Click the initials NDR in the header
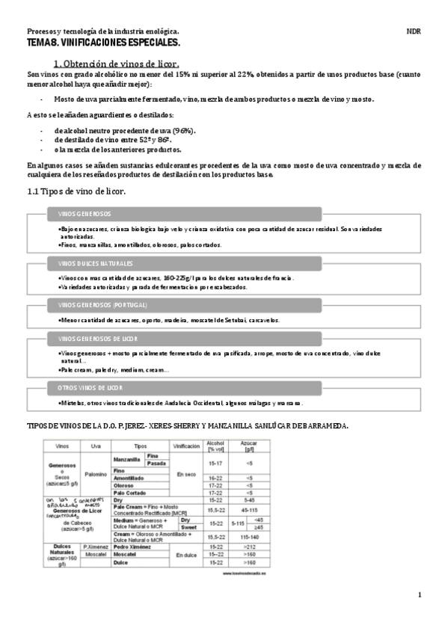coord(413,32)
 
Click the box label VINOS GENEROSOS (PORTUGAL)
coord(102,306)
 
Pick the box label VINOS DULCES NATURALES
coord(95,265)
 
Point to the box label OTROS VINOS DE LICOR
coord(90,388)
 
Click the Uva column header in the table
coord(95,445)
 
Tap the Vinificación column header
coord(185,445)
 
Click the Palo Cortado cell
coord(130,493)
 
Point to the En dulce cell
coord(185,554)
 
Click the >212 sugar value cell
coord(248,547)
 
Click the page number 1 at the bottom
coord(420,595)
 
